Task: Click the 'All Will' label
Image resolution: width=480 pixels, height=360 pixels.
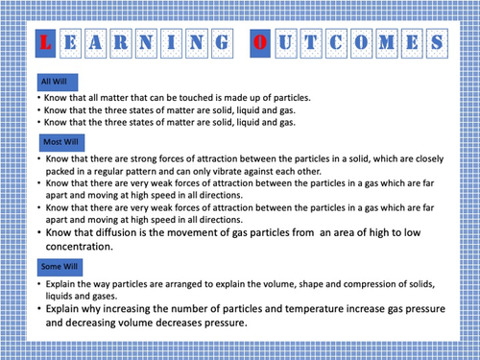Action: click(54, 81)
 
